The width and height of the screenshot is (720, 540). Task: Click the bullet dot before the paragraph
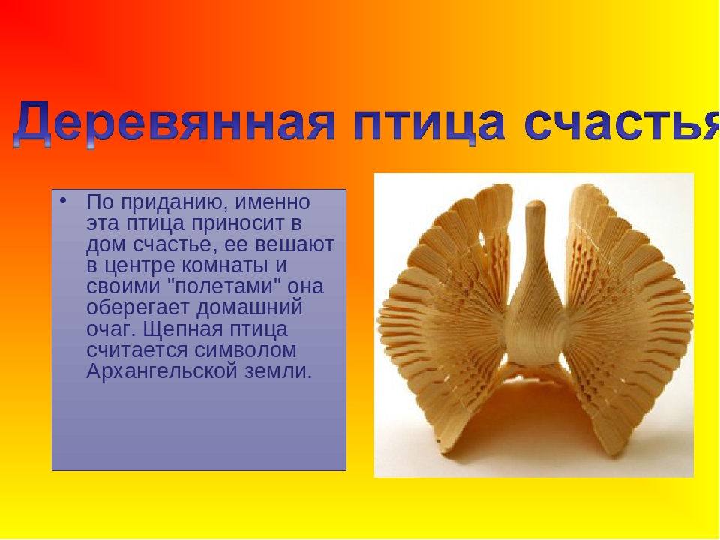point(63,201)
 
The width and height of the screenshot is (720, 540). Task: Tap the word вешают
point(294,244)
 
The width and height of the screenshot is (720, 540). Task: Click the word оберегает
point(138,308)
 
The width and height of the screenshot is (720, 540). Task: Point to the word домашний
point(250,307)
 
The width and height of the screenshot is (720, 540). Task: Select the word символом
point(245,350)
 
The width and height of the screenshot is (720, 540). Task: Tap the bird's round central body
point(535,331)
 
